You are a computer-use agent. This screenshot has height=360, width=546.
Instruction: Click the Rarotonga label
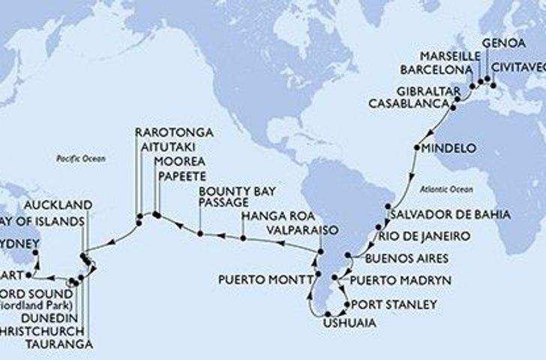[174, 133]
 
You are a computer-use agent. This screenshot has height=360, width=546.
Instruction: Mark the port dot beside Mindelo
[415, 148]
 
